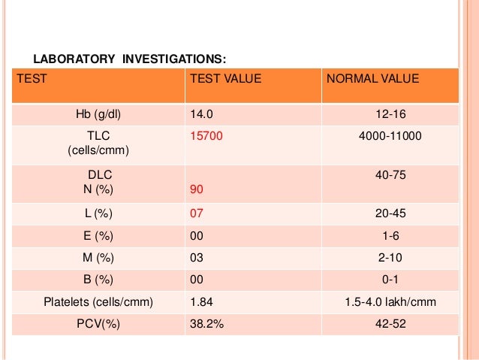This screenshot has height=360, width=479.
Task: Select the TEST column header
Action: pyautogui.click(x=32, y=78)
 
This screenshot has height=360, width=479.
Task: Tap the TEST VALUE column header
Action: pyautogui.click(x=226, y=78)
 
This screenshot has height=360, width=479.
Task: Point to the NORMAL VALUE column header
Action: pyautogui.click(x=372, y=78)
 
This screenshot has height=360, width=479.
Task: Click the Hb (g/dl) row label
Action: pyautogui.click(x=98, y=114)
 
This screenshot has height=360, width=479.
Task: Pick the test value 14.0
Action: pyautogui.click(x=202, y=114)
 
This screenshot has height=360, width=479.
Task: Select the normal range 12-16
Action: pyautogui.click(x=390, y=114)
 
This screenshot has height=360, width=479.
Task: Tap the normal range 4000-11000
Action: pyautogui.click(x=390, y=136)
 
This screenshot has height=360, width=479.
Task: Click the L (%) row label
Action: pyautogui.click(x=98, y=214)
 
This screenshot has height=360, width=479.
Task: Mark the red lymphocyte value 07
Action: pyautogui.click(x=197, y=214)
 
